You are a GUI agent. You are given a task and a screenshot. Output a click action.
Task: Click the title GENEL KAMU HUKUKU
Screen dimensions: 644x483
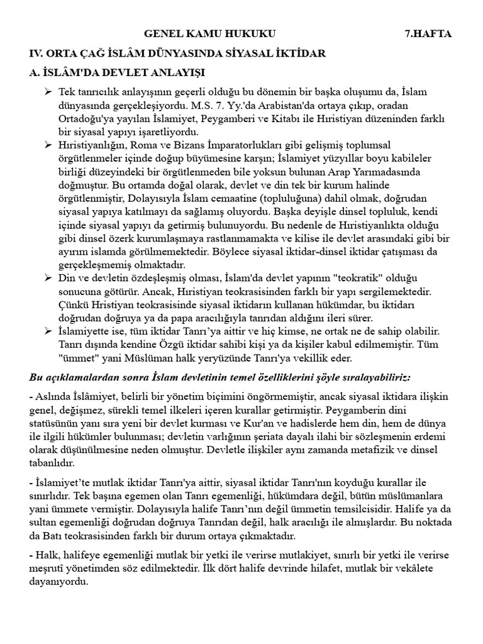coord(209,33)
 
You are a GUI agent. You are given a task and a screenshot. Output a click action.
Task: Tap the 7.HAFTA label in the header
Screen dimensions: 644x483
coord(428,33)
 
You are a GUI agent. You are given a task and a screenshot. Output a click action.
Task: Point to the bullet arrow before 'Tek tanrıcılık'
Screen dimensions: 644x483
coord(47,92)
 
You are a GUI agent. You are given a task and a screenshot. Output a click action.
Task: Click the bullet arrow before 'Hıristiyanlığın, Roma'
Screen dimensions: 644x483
coord(47,145)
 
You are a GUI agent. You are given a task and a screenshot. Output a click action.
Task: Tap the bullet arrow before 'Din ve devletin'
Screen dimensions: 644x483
coord(47,277)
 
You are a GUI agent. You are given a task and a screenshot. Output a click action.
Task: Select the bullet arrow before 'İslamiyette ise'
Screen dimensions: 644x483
coord(47,331)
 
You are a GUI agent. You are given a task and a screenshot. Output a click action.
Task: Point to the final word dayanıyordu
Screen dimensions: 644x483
coord(58,582)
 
